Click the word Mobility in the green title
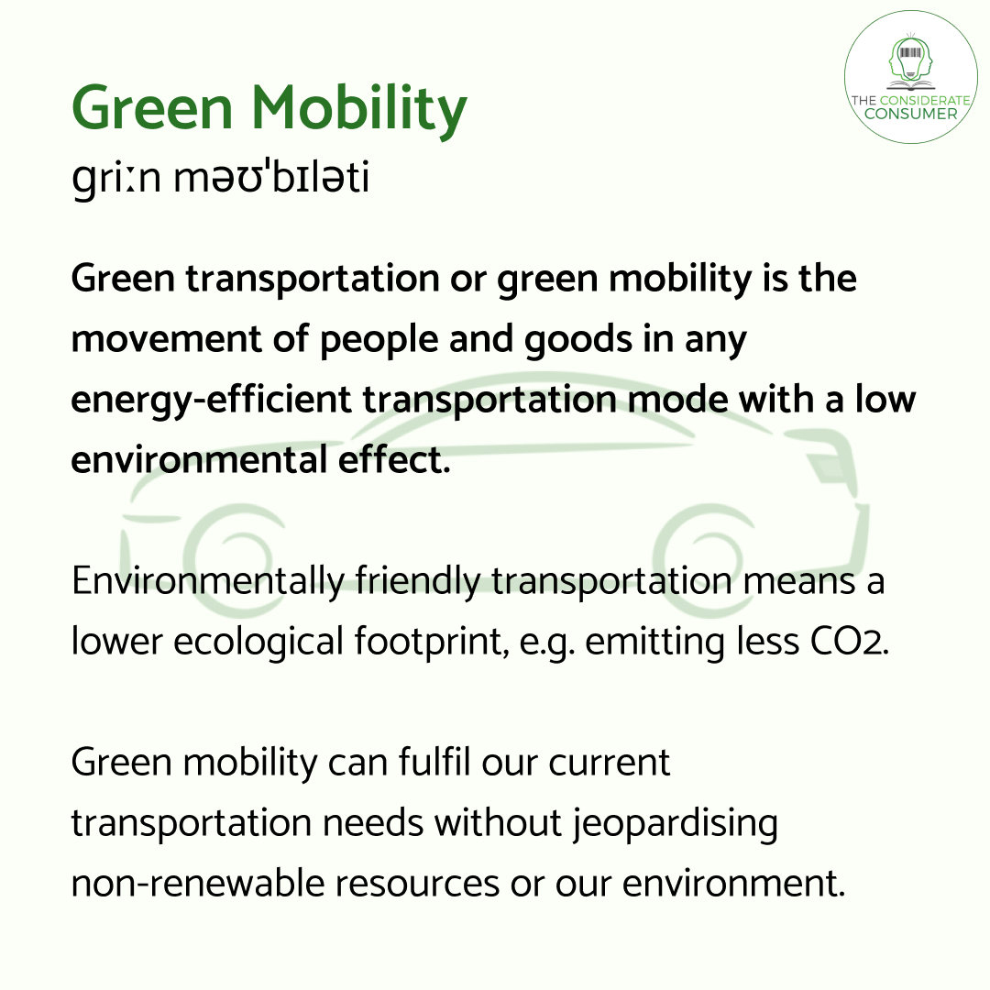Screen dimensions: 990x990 click(x=359, y=110)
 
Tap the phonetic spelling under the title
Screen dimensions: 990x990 click(x=220, y=178)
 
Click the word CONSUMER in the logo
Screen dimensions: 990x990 click(x=910, y=114)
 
